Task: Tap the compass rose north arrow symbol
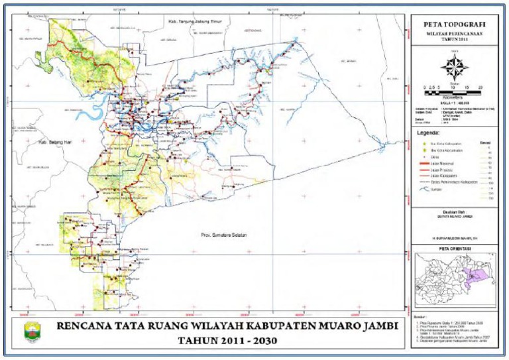[x=455, y=67]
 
